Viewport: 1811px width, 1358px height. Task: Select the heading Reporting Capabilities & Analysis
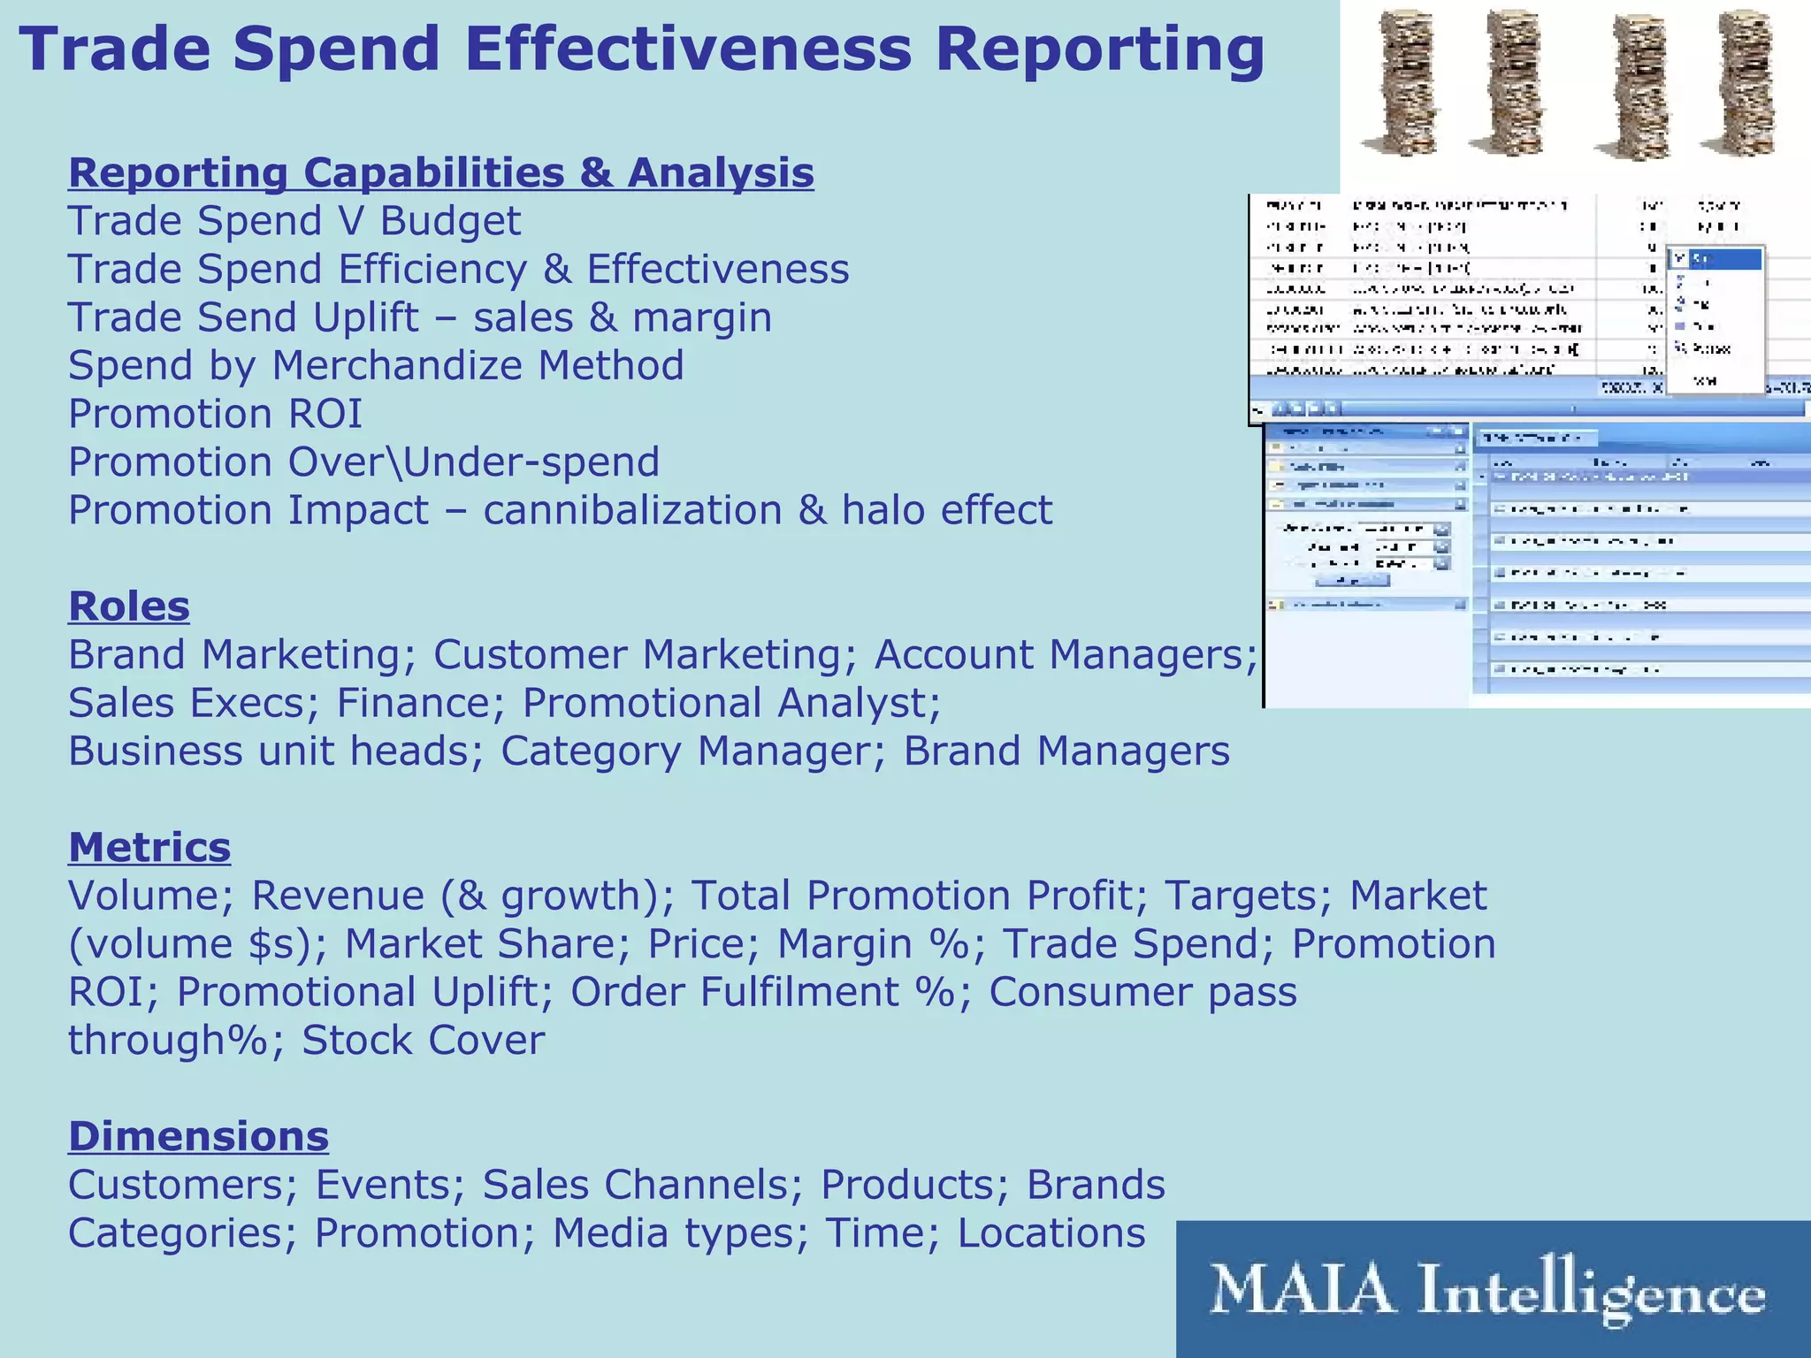coord(440,172)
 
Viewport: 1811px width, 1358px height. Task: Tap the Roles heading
coord(129,607)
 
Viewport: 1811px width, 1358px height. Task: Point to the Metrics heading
coord(149,847)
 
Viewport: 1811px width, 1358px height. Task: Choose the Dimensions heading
coord(198,1136)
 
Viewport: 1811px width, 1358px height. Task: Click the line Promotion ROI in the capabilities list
coord(215,414)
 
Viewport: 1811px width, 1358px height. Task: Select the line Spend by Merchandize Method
coord(376,365)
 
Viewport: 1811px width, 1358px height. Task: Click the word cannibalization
coord(632,510)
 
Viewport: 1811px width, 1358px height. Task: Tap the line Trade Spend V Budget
coord(294,221)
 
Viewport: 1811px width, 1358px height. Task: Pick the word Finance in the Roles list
coord(413,703)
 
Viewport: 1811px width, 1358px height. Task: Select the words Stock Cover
coord(423,1040)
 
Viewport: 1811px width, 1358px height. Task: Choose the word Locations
coord(1051,1232)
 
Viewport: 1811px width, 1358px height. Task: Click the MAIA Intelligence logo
coord(1493,1290)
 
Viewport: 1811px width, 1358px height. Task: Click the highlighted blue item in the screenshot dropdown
coord(1715,259)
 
